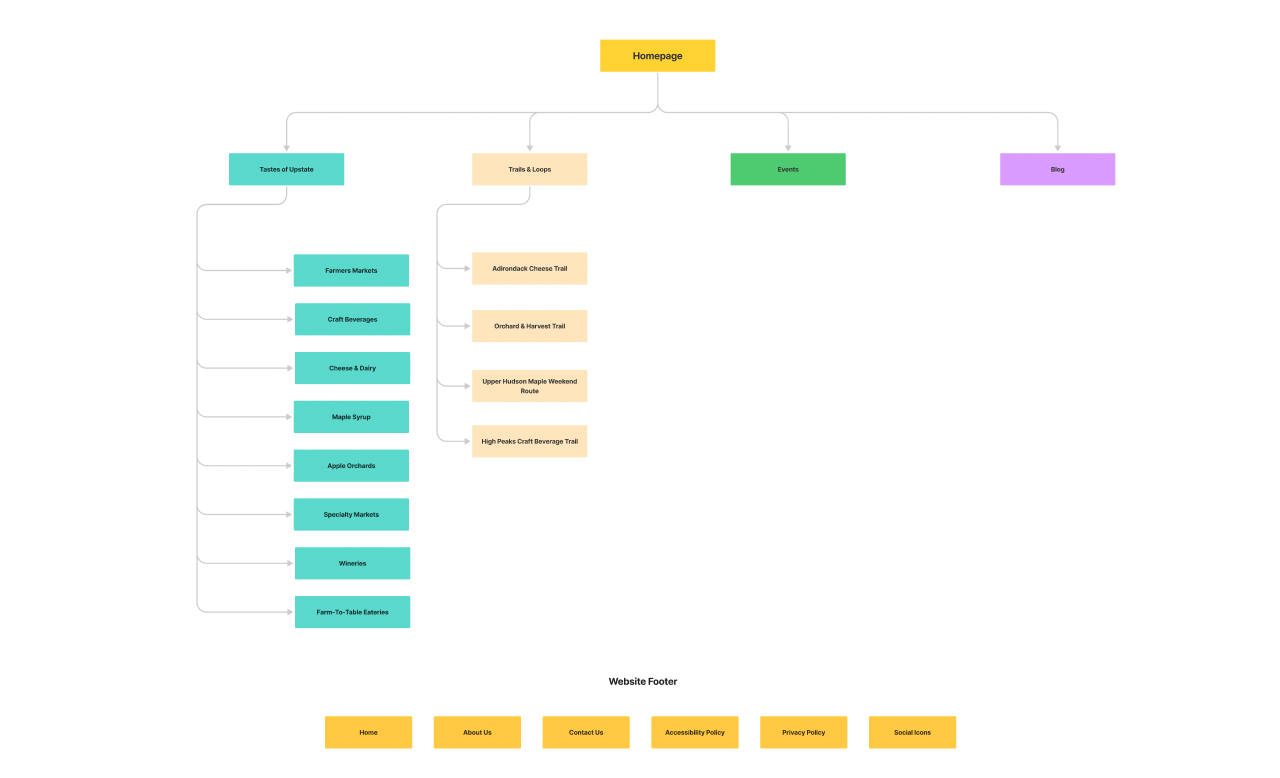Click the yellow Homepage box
pos(657,56)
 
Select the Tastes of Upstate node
pos(286,169)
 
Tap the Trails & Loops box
pos(529,169)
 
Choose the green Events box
pos(788,169)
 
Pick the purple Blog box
pos(1057,169)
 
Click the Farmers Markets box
pos(351,270)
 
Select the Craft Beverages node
pos(352,319)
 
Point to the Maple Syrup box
pos(351,417)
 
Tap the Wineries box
pos(352,563)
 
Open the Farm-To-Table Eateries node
pos(352,612)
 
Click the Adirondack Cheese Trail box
pos(529,268)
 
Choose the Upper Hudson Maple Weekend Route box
pos(529,386)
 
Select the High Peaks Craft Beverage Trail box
pos(529,441)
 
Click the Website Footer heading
pos(643,682)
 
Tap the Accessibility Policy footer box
pos(695,732)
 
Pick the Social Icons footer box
pos(912,732)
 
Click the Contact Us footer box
pos(586,732)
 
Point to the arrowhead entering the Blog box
pos(1057,148)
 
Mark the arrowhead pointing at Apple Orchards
pos(288,465)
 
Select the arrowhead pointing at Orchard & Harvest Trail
pos(466,325)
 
